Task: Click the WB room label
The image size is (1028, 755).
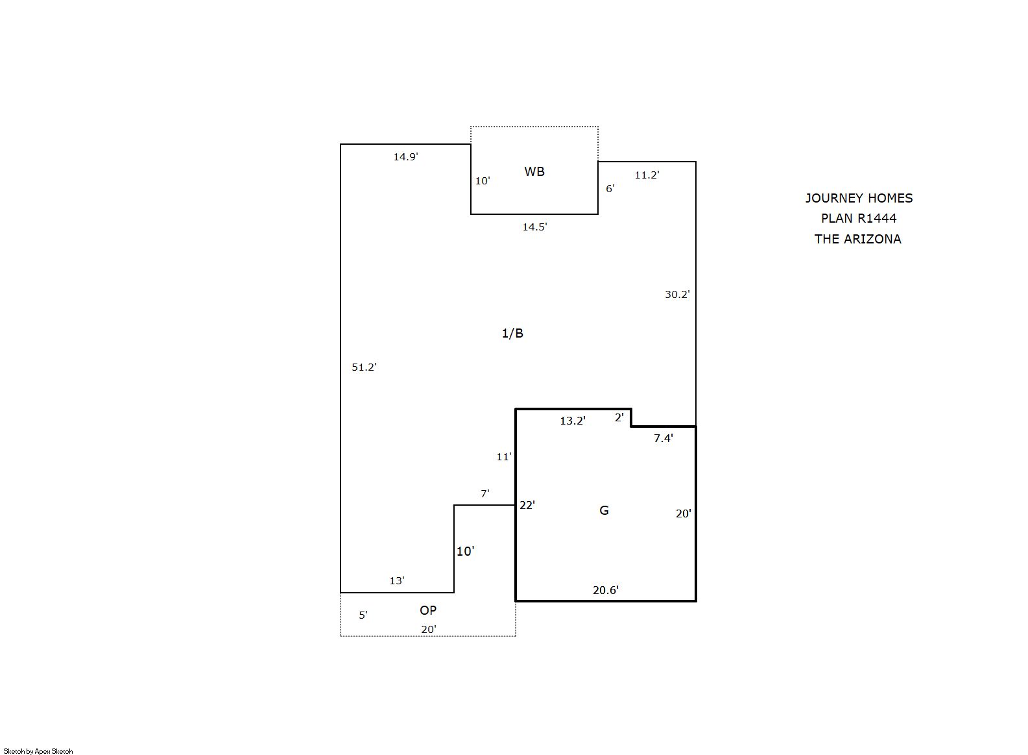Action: [x=534, y=171]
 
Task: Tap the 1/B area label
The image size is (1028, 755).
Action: [x=512, y=333]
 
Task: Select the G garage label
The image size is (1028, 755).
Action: [x=604, y=510]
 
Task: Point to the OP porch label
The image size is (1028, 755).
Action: [x=427, y=610]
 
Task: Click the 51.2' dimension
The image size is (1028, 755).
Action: [x=364, y=367]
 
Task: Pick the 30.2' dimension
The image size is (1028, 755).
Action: [x=677, y=294]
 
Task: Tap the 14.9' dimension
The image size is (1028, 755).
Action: [x=406, y=156]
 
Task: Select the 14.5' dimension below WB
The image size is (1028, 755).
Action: [x=534, y=227]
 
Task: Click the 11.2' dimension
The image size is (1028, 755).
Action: [x=647, y=175]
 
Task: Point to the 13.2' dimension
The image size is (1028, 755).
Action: [x=572, y=421]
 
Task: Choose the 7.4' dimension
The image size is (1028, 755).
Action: [x=663, y=438]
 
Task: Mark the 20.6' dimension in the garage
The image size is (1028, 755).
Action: [x=605, y=590]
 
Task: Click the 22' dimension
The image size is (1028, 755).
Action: [x=527, y=505]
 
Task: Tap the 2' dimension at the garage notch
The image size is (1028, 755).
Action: [x=619, y=417]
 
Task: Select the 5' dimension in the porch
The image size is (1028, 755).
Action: [x=363, y=615]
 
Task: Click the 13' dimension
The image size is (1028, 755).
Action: [x=397, y=580]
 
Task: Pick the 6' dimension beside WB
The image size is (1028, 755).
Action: [x=610, y=188]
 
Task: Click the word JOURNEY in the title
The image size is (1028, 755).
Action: [x=827, y=198]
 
